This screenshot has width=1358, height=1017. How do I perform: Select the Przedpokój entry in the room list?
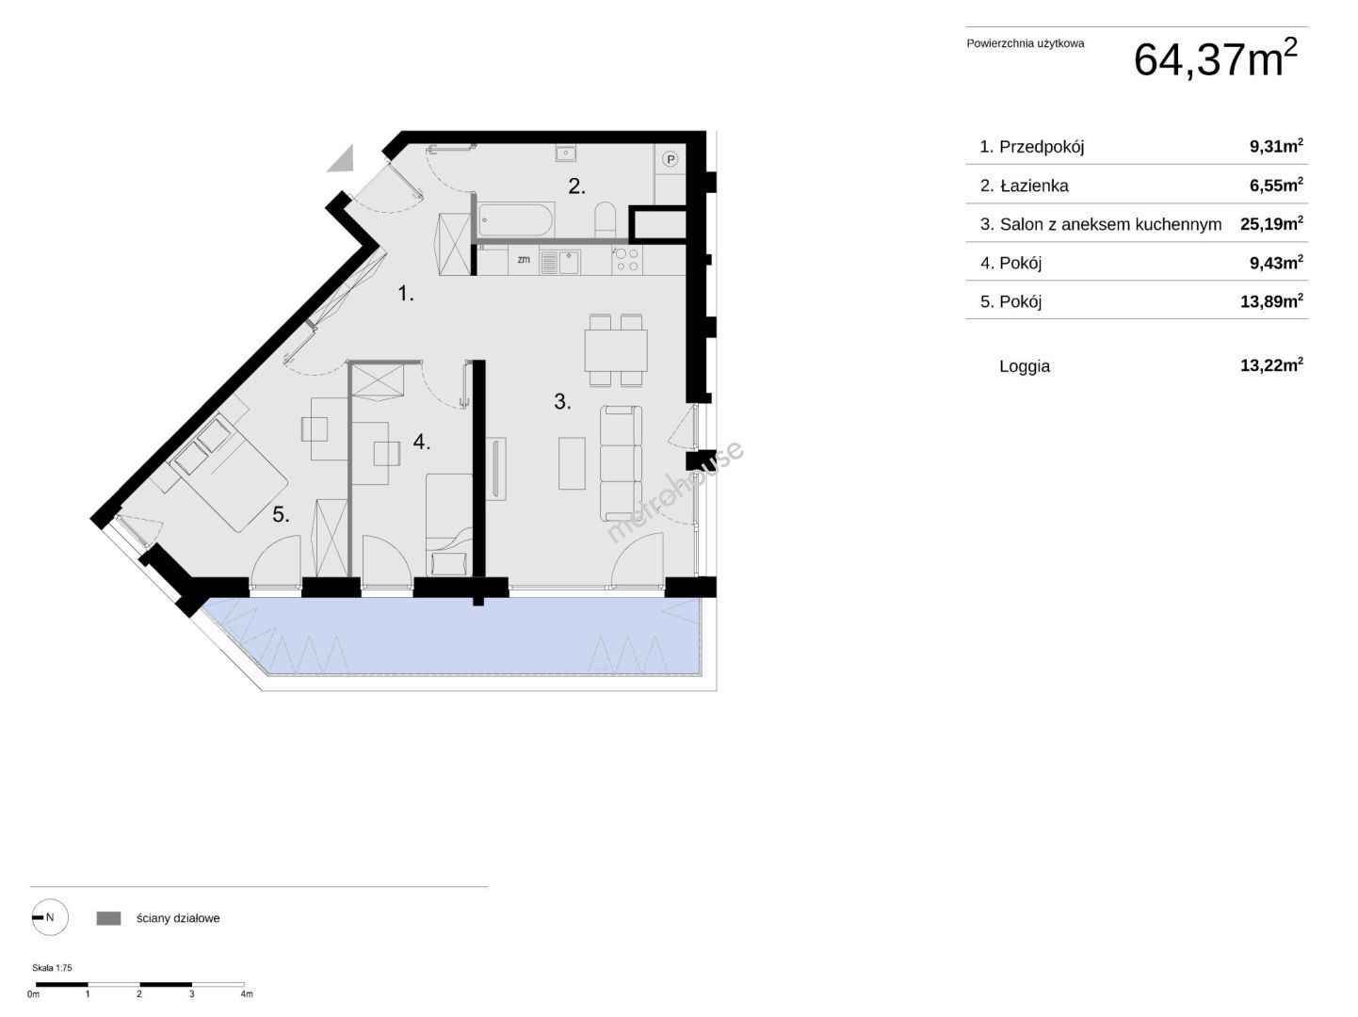point(1031,147)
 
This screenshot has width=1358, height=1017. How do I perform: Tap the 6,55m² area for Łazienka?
point(1276,185)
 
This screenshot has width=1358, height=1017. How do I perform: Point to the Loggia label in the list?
point(1025,365)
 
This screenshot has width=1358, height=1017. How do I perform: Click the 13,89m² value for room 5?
point(1271,300)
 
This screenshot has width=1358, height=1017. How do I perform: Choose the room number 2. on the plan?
point(576,186)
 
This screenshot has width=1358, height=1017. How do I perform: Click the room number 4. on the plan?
point(421,442)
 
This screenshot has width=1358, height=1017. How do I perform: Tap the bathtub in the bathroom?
point(516,219)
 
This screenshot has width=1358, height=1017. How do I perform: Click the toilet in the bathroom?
point(605,219)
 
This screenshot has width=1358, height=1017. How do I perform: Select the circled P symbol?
point(670,159)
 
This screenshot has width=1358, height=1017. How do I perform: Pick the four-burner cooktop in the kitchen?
point(626,260)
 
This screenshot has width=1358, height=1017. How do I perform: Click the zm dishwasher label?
point(524,259)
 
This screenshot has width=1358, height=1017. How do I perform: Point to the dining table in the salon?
point(616,350)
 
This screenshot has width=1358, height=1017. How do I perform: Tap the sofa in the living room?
point(621,462)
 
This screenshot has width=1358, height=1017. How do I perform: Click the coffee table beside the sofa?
point(572,463)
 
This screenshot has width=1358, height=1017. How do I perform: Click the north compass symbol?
point(50,917)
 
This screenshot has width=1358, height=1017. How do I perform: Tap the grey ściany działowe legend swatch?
point(109,918)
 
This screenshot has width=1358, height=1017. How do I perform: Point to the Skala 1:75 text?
point(52,967)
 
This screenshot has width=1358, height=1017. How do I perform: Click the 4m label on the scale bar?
point(246,994)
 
